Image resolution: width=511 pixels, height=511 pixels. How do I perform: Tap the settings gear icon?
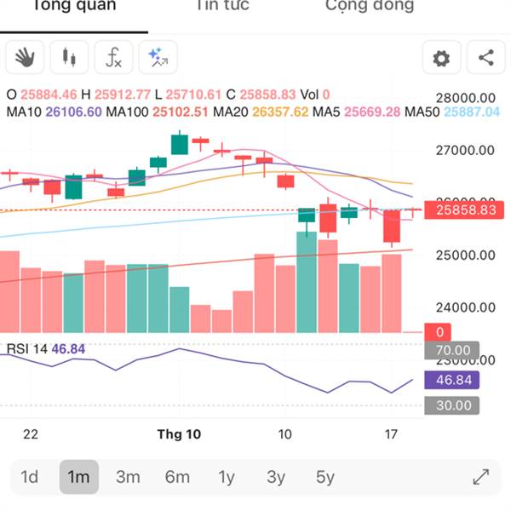441,58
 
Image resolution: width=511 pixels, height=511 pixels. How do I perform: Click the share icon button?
485,58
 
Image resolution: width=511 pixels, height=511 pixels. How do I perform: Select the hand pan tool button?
25,58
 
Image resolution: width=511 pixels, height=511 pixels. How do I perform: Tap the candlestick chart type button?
69,58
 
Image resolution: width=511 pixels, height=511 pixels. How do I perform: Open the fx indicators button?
113,58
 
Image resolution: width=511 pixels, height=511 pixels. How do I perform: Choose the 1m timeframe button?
78,477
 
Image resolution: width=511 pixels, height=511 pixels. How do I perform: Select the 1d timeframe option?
29,477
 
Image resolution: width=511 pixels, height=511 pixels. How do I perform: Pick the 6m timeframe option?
177,477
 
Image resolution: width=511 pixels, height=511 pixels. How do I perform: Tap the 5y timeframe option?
325,477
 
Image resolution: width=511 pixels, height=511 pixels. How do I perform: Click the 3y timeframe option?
276,477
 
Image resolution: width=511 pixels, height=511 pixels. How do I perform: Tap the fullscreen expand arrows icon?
480,477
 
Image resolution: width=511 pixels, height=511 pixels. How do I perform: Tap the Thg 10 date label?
179,434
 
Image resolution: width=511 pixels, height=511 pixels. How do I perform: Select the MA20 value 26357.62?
278,112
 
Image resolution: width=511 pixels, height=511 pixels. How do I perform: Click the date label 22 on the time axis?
31,434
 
